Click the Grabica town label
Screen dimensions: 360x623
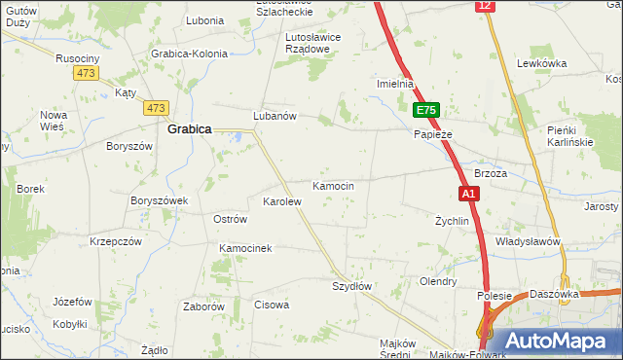tap(190, 128)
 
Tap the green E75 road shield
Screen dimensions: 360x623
tap(425, 110)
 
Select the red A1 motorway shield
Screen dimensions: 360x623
tap(468, 194)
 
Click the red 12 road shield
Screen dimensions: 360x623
tap(485, 6)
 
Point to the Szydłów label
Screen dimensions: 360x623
tap(352, 286)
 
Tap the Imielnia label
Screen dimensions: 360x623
tap(396, 84)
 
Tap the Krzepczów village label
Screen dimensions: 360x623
tap(116, 240)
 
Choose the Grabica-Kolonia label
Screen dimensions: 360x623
tap(189, 54)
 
